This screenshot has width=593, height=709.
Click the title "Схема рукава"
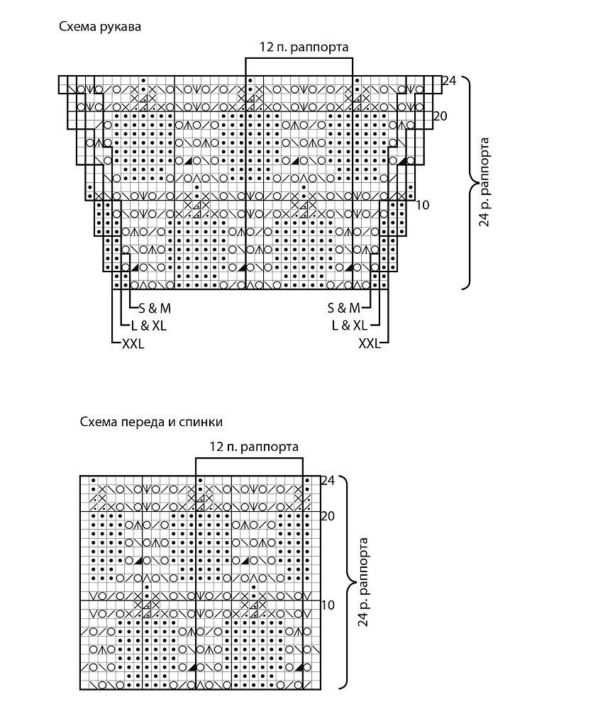coord(100,27)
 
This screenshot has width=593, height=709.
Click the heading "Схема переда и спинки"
coord(151,423)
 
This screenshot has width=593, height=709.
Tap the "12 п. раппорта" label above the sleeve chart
coord(304,47)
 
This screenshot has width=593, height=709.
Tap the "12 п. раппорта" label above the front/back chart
coord(254,447)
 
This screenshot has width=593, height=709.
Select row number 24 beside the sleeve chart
coord(449,81)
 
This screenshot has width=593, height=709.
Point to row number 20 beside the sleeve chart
coord(440,116)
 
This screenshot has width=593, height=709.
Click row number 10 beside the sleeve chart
coord(422,206)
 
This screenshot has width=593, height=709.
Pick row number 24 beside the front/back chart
coord(328,480)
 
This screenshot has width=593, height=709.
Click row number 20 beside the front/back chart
coord(328,516)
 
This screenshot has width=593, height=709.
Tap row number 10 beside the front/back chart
coord(328,605)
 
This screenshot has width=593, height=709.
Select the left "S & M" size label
coord(155,308)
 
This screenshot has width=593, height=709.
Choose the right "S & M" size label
coord(344,308)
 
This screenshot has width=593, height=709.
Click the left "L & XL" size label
coord(149,325)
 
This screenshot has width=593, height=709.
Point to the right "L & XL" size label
coord(349,325)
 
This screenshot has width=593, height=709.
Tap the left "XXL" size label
coord(133,344)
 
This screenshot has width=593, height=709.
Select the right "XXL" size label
coord(370,344)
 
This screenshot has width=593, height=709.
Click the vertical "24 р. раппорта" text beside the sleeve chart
coord(484,182)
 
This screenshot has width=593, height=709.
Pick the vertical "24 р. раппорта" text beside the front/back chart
coord(362,582)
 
